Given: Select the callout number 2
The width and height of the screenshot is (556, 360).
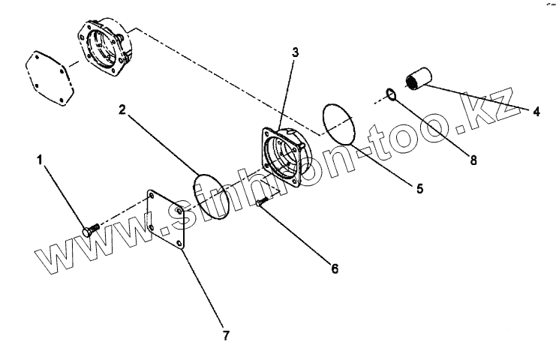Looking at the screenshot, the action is [x=122, y=109].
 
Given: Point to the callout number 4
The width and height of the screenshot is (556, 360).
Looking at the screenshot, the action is [x=536, y=112].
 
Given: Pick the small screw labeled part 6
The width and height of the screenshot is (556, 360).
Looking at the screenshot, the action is [x=262, y=202].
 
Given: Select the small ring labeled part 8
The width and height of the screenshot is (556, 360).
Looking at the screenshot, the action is [x=389, y=94].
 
